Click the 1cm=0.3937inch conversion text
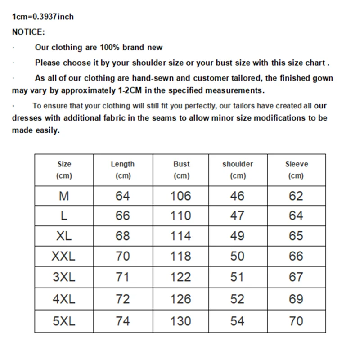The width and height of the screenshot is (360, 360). pos(43,17)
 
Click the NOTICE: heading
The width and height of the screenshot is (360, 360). pos(28,32)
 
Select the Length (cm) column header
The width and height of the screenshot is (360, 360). pos(123,170)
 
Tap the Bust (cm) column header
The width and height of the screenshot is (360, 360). pos(181,170)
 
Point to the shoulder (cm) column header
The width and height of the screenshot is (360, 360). pos(238,170)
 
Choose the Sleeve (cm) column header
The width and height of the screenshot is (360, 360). pos(296,170)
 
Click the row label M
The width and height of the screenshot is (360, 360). pos(64,196)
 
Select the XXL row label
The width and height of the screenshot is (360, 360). pos(64,256)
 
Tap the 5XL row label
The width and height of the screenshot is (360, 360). pos(64,321)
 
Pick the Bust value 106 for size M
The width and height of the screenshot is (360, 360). pos(181,196)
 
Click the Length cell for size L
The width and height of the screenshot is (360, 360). pos(122,216)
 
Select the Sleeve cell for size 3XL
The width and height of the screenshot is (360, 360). pos(296,277)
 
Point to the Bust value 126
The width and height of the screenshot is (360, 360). pos(181,299)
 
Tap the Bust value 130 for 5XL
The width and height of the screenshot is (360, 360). pos(181,321)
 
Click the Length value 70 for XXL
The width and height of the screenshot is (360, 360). pos(122,256)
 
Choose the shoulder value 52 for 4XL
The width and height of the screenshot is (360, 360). pos(237,299)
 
